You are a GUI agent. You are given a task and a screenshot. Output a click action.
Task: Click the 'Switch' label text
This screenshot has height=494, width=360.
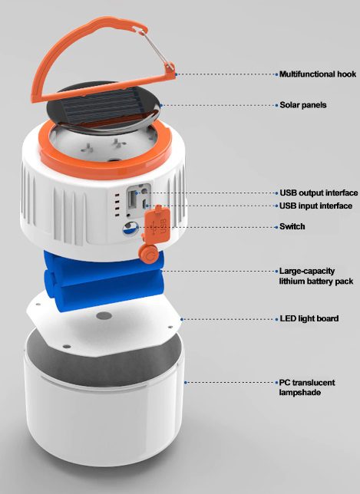click(x=292, y=226)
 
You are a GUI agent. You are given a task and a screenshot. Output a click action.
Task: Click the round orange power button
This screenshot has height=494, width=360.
click(x=148, y=251)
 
